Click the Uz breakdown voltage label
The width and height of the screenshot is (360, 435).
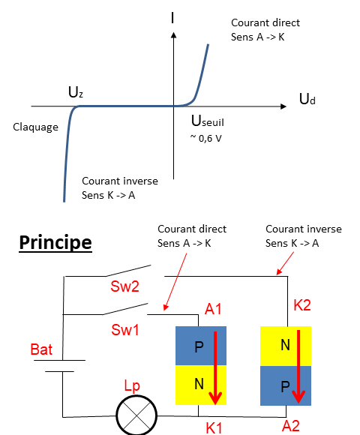click(x=76, y=92)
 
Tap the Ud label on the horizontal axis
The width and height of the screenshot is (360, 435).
click(x=307, y=99)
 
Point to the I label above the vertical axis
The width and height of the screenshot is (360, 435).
click(x=172, y=17)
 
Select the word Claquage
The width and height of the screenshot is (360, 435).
click(x=36, y=127)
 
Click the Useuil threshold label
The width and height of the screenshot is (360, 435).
click(x=208, y=121)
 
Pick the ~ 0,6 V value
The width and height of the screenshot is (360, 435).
click(x=205, y=138)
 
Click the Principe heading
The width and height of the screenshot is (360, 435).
click(x=55, y=243)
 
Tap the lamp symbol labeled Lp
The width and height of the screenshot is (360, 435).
click(x=136, y=415)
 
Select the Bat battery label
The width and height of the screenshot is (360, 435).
click(x=41, y=349)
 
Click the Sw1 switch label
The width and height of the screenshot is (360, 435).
click(x=125, y=330)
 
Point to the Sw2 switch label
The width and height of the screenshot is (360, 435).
click(x=124, y=286)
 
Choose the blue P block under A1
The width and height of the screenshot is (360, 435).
click(x=201, y=346)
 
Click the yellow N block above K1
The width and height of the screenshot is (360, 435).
click(x=201, y=385)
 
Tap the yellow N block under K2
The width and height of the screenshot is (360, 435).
click(x=286, y=346)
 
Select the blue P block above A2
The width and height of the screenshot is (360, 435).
click(x=286, y=385)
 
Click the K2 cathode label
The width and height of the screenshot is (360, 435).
click(x=302, y=305)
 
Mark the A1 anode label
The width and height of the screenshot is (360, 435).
click(x=213, y=309)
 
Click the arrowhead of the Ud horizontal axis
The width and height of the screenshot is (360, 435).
click(x=286, y=106)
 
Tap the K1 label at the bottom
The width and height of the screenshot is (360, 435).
click(x=214, y=427)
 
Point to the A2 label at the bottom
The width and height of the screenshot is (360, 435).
click(x=291, y=426)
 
